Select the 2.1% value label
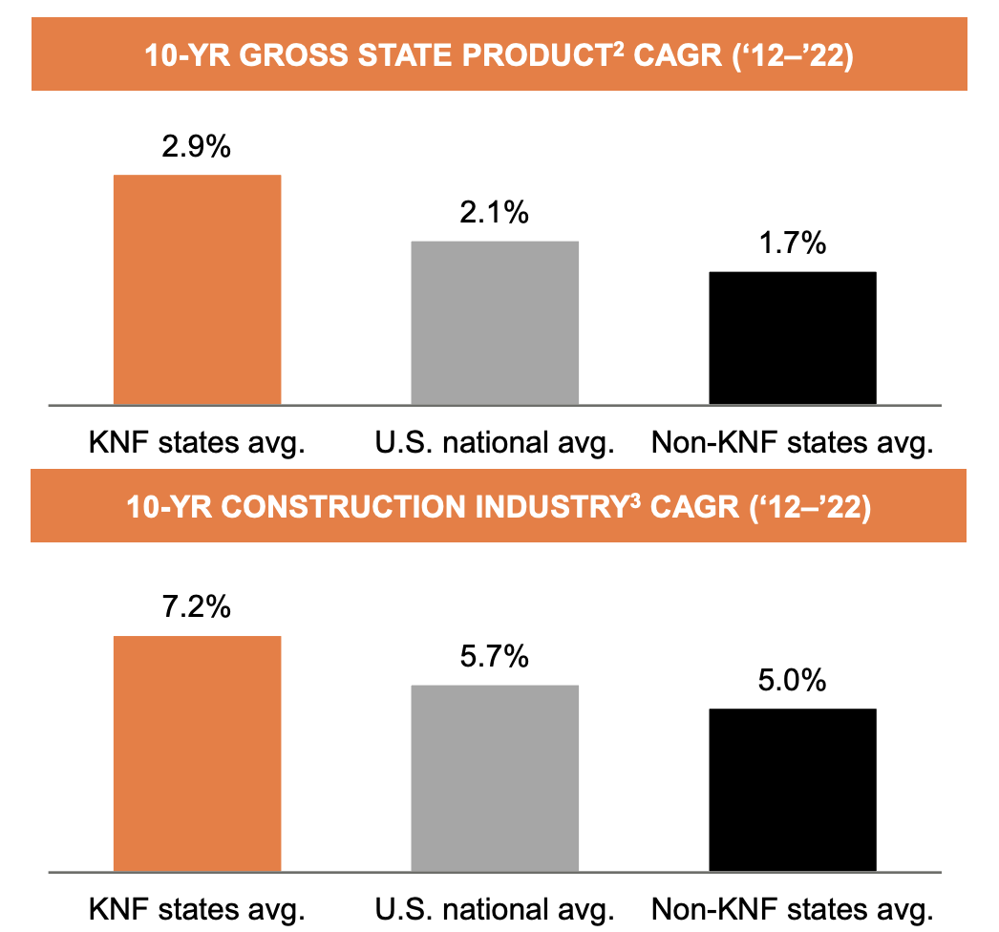494,213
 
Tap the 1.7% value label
792,244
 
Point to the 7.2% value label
197,607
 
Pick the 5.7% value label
494,657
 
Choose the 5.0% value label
792,681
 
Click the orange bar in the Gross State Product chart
197,289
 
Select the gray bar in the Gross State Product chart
495,323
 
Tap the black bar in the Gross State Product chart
792,338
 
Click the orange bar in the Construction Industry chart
197,753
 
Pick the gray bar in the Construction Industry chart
495,778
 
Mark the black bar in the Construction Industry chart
792,790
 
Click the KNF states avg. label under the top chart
197,444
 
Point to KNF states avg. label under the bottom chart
197,907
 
